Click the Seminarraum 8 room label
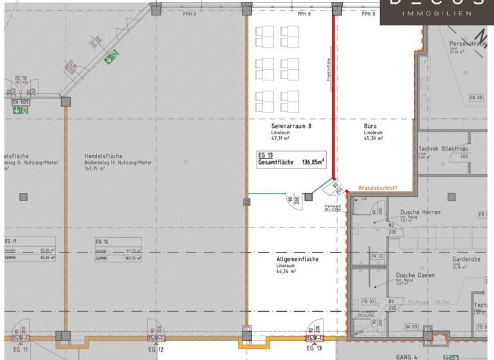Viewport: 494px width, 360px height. pyautogui.click(x=291, y=126)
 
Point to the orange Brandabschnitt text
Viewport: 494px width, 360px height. pyautogui.click(x=377, y=188)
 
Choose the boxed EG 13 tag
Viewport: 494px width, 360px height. pyautogui.click(x=266, y=155)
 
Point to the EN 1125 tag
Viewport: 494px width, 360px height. pyautogui.click(x=21, y=102)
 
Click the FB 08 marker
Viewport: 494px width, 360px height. pyautogui.click(x=476, y=98)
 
